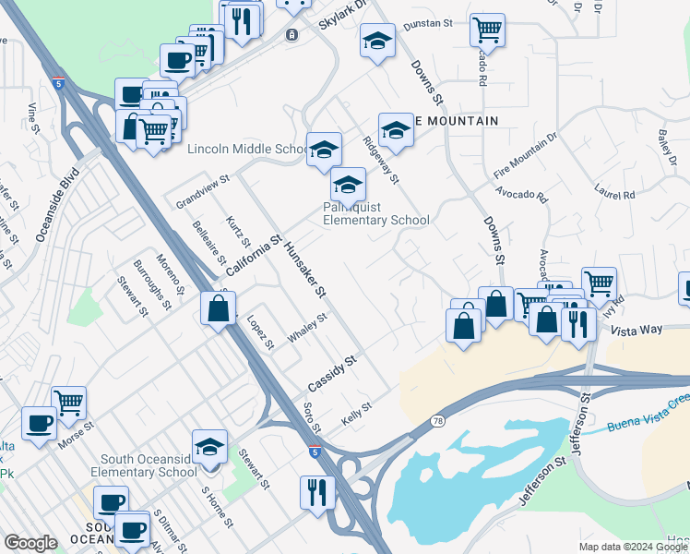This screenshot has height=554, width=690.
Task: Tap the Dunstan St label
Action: pyautogui.click(x=431, y=22)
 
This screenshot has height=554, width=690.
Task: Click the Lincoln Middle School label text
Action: pyautogui.click(x=247, y=150)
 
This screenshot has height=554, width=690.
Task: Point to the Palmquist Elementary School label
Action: pyautogui.click(x=376, y=213)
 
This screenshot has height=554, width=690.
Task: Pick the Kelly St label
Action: pyautogui.click(x=356, y=407)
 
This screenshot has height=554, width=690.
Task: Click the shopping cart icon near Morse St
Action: pyautogui.click(x=68, y=402)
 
